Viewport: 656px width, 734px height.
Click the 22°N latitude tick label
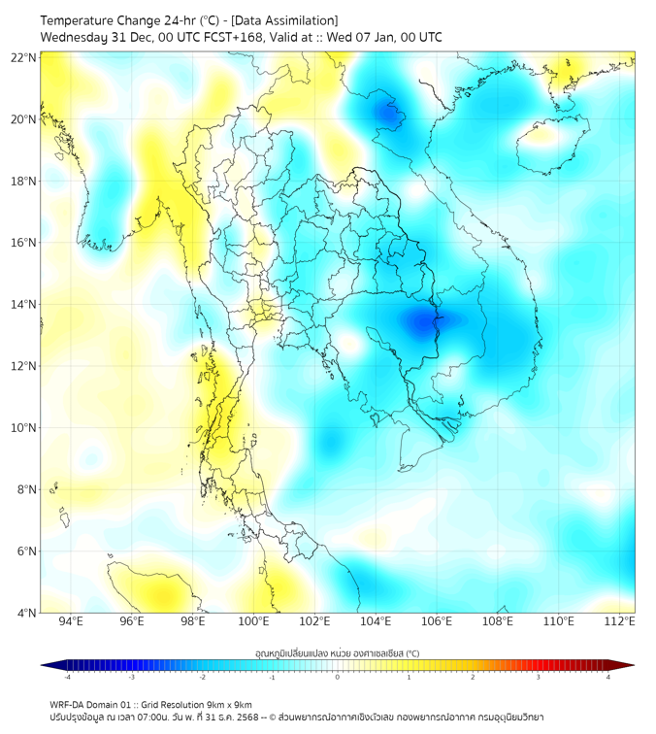click(x=24, y=57)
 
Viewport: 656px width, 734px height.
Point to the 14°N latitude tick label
click(x=24, y=305)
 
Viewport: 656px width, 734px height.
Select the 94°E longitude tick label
click(x=71, y=621)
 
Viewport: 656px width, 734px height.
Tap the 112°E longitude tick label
click(x=619, y=621)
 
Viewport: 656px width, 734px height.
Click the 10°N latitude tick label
click(x=24, y=428)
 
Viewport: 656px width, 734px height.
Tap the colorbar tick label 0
click(x=338, y=678)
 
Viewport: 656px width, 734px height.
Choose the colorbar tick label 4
click(x=608, y=678)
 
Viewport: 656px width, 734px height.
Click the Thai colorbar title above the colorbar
click(x=337, y=652)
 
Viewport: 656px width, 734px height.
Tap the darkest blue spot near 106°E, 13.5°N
click(x=423, y=322)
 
